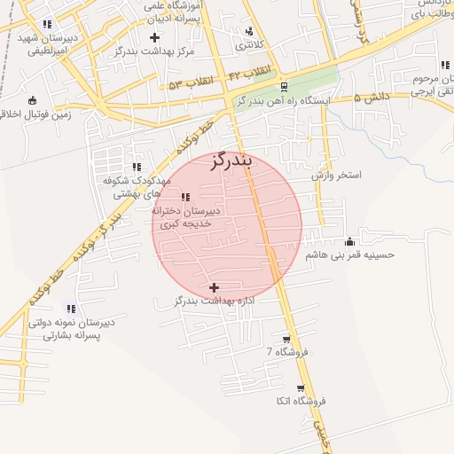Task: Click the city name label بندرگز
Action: [233, 161]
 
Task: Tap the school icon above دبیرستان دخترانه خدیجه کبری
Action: [185, 197]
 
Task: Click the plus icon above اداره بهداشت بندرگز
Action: [214, 287]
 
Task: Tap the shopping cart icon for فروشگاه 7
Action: [286, 340]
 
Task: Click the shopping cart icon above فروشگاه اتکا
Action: [301, 388]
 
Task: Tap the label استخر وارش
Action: [337, 176]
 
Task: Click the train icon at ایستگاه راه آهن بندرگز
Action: [284, 87]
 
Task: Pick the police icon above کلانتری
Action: [249, 32]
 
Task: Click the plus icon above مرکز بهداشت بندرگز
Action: [155, 37]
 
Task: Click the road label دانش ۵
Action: [370, 98]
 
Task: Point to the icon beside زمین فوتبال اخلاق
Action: [33, 100]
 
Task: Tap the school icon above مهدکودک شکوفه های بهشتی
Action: [137, 166]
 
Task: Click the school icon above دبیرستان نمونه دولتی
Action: [71, 308]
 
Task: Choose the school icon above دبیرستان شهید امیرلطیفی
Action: [47, 23]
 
